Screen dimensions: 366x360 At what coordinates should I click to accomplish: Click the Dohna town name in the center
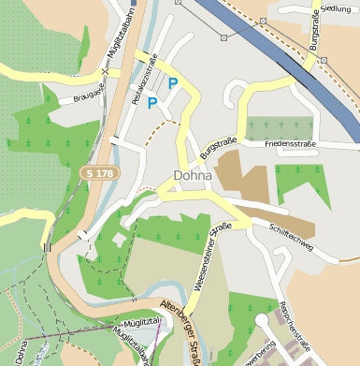193,175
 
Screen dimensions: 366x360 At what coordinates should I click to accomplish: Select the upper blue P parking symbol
172,84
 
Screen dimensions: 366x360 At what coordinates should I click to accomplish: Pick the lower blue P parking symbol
152,103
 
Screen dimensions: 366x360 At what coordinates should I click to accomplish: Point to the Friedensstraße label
291,144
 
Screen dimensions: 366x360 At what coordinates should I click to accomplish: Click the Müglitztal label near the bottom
145,321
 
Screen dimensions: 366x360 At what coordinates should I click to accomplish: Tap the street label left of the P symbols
143,85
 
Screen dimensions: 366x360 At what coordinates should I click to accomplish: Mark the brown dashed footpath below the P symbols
166,123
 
